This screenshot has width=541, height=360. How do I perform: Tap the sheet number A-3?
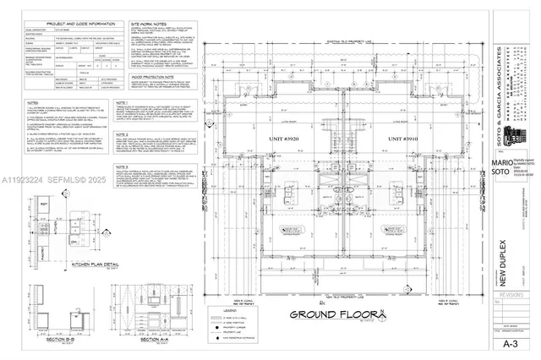511,345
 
